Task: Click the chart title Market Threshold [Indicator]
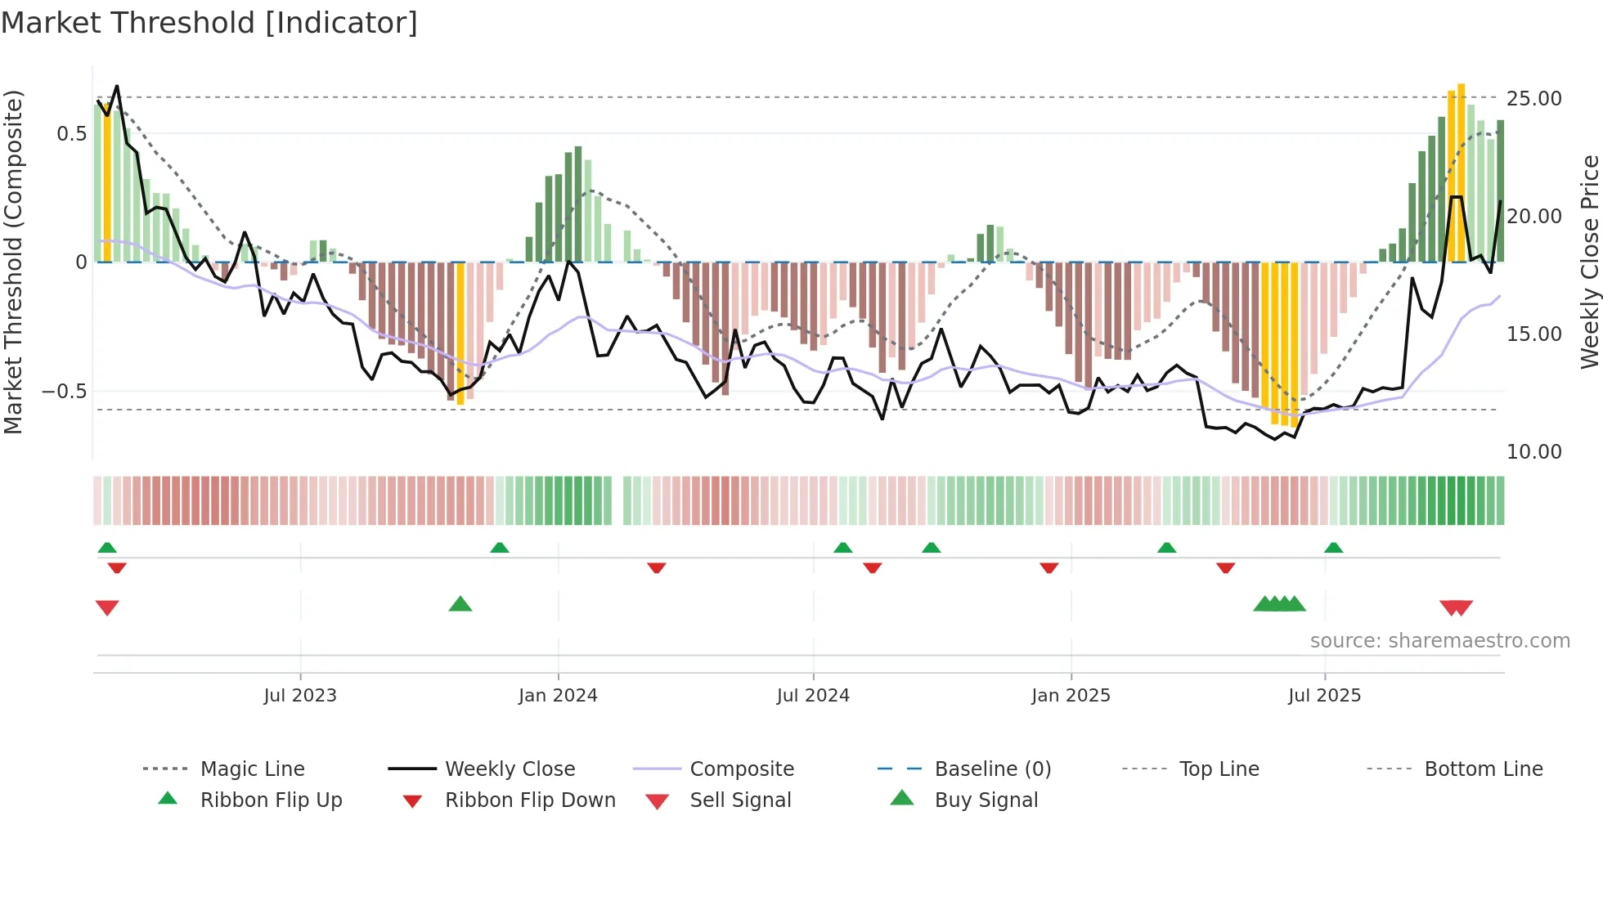tap(209, 23)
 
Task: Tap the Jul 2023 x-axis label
tap(300, 695)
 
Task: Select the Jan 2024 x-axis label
tap(558, 695)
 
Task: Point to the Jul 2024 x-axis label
tap(813, 695)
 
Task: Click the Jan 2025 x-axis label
tap(1071, 695)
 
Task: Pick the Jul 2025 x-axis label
tap(1324, 695)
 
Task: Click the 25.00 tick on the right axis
tap(1533, 99)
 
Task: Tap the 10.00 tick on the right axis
tap(1533, 451)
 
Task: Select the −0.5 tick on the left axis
tap(65, 392)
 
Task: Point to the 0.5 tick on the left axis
tap(71, 133)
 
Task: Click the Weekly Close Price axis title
tap(1589, 262)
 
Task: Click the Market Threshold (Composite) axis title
tap(13, 262)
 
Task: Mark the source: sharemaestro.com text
tap(1439, 640)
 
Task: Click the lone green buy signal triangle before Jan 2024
tap(460, 604)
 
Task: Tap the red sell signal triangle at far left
tap(107, 607)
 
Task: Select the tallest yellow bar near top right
tap(1461, 172)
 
